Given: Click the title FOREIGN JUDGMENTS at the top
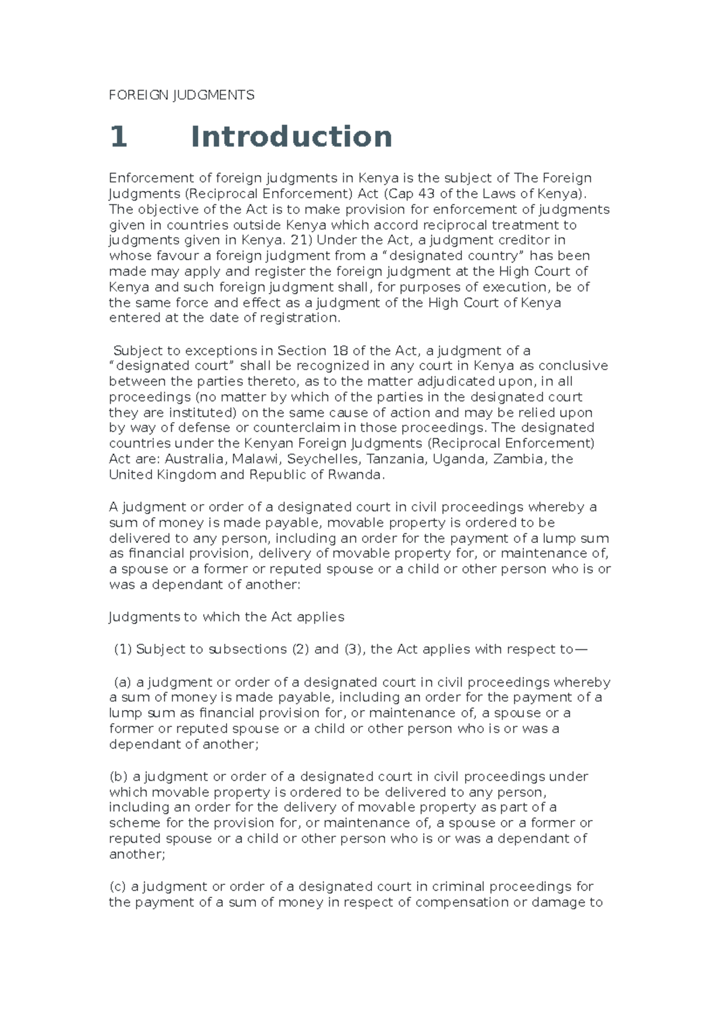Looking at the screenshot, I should pos(181,95).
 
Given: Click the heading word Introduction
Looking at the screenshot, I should pos(291,137).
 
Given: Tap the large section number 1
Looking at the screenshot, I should pos(118,137).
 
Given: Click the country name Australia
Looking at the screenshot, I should pos(193,459).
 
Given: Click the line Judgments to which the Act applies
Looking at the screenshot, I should pos(227,617).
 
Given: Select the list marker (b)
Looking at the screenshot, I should pos(119,777).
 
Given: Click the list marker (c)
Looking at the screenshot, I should pos(118,887).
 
